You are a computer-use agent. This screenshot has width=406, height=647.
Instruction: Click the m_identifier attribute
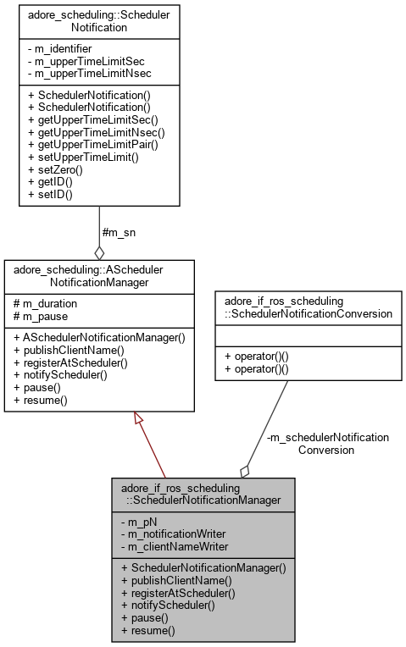tap(64, 50)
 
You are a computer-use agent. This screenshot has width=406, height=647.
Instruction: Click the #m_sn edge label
tap(120, 232)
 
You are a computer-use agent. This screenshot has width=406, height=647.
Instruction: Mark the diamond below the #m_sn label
tap(99, 252)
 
